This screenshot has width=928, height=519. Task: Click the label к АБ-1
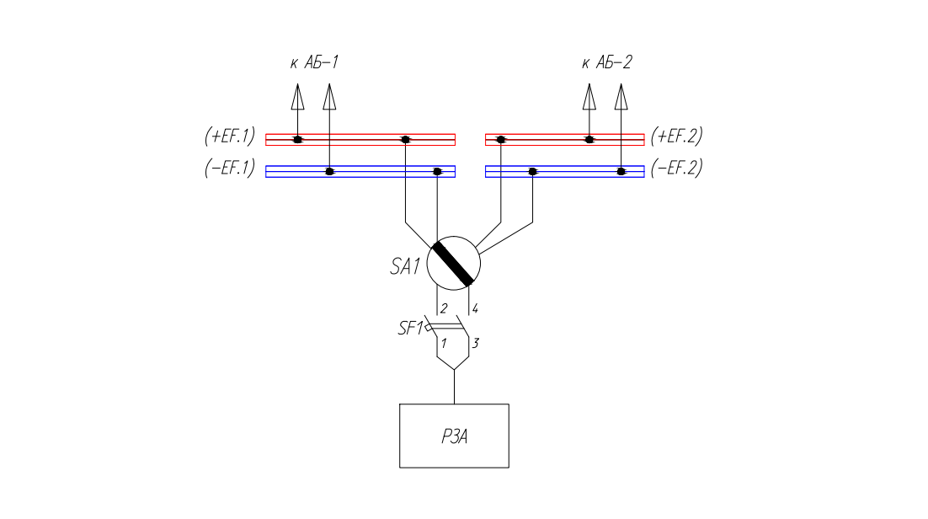click(x=313, y=62)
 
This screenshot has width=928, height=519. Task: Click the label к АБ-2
click(x=606, y=62)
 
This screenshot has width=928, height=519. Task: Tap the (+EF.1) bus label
click(x=229, y=136)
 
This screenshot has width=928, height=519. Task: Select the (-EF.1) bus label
click(x=229, y=168)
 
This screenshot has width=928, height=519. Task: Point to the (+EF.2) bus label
click(x=676, y=136)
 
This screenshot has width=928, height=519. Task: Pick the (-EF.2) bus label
click(x=676, y=168)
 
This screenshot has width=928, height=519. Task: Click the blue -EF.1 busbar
click(x=379, y=171)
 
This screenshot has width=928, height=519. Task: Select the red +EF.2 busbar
click(x=547, y=139)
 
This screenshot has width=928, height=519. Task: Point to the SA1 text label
click(x=404, y=267)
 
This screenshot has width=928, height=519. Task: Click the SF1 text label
click(x=410, y=329)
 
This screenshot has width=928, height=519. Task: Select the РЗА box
click(x=454, y=436)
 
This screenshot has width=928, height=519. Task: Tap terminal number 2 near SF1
click(x=444, y=308)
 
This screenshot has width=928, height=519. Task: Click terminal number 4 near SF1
click(x=475, y=308)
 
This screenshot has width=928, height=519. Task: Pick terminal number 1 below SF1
click(x=444, y=343)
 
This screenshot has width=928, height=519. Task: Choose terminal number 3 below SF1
click(x=475, y=343)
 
